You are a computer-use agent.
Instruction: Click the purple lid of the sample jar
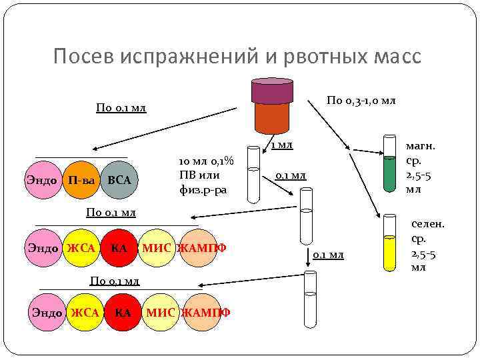[x=271, y=91]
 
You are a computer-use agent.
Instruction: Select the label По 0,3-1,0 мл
[x=361, y=100]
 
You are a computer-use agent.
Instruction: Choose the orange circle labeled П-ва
[x=81, y=180]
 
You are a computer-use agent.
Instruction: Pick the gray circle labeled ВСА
[x=119, y=180]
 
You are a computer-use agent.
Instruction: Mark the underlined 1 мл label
[x=281, y=145]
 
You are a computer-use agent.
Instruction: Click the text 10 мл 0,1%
[x=203, y=162]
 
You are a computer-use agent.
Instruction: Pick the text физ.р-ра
[x=203, y=189]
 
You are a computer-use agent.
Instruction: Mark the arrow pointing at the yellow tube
[x=347, y=160]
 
